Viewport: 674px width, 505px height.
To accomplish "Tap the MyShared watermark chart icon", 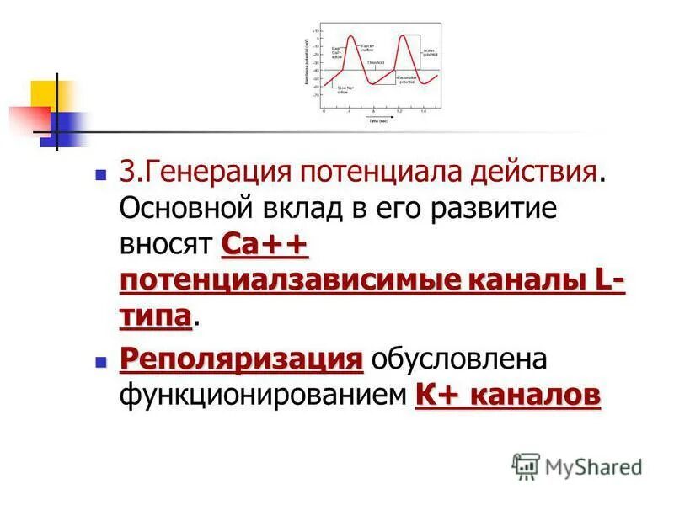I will tap(526, 465).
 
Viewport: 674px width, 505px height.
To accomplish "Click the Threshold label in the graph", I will tap(376, 62).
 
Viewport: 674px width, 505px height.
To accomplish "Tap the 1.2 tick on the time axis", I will tap(399, 111).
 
